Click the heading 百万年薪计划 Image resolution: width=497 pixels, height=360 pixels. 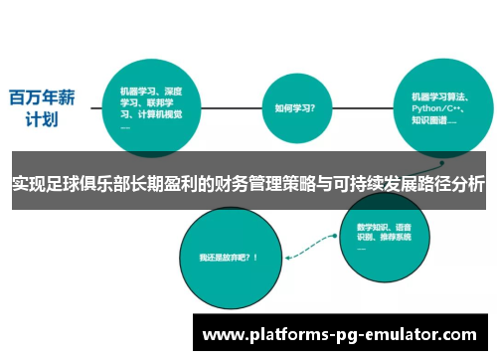tap(42, 108)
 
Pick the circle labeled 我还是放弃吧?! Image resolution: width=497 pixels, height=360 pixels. tap(228, 257)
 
